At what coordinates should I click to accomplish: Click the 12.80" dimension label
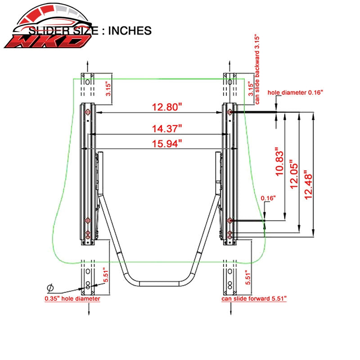click(167, 107)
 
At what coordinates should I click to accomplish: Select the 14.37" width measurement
click(167, 129)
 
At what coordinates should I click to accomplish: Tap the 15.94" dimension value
click(167, 144)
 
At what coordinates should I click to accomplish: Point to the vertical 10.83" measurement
click(279, 162)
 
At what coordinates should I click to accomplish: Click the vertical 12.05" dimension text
click(294, 175)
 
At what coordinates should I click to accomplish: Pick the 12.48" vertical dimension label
click(308, 185)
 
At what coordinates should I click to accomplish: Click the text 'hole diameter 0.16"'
click(295, 93)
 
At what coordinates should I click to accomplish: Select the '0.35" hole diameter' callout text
click(72, 299)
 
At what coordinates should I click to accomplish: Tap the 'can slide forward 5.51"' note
click(254, 299)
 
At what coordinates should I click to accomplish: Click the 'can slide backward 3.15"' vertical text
click(257, 70)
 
